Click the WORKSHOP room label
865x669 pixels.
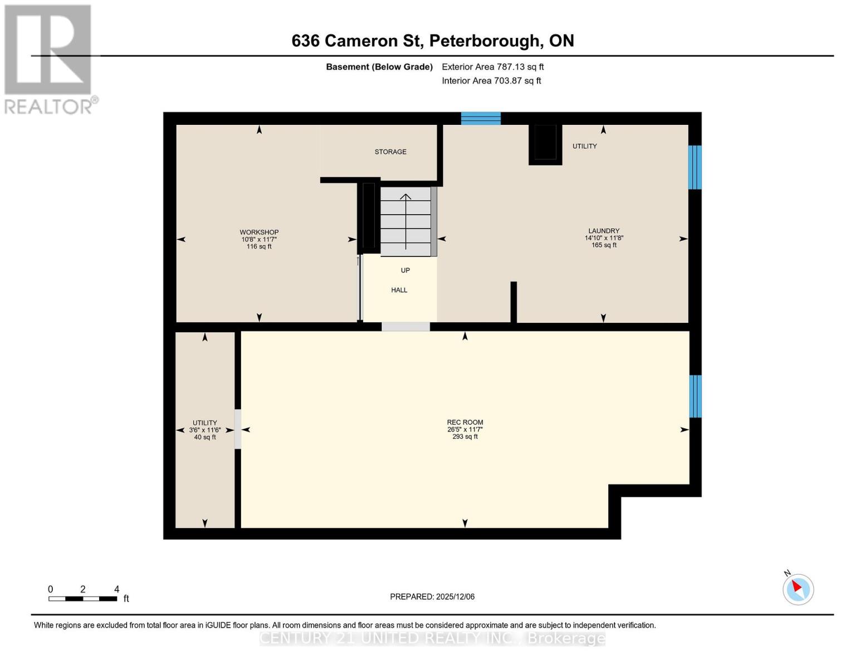coord(259,232)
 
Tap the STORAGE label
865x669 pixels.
coord(390,152)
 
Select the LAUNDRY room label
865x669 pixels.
coord(604,231)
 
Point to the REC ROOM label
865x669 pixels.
coord(465,423)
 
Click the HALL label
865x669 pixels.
coord(399,290)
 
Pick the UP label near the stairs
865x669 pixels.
coord(405,270)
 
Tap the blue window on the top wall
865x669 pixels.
coord(481,118)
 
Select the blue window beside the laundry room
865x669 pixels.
coord(695,167)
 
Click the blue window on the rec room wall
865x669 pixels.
coord(695,396)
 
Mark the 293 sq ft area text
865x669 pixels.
coord(465,437)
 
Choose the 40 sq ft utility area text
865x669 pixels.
coord(204,438)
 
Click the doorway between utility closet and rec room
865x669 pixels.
coord(238,429)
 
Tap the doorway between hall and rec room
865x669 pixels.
coord(405,327)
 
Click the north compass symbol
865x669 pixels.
coord(798,589)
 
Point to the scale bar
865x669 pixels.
coord(82,599)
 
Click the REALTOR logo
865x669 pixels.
coord(48,59)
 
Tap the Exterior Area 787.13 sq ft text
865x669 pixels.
coord(492,67)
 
